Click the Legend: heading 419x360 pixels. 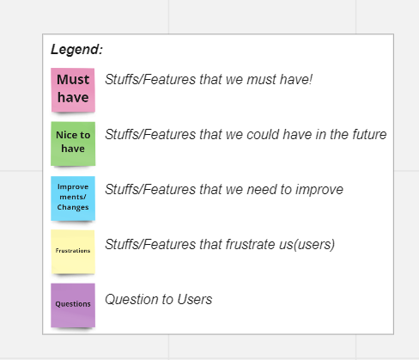point(76,50)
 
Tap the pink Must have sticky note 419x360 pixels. point(73,90)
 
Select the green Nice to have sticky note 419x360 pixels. point(73,143)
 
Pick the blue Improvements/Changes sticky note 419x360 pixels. point(73,198)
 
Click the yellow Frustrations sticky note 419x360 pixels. point(73,252)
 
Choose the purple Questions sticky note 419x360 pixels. point(73,305)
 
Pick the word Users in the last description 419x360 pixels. point(195,300)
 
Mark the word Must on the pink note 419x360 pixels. point(73,79)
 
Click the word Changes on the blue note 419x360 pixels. point(73,207)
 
